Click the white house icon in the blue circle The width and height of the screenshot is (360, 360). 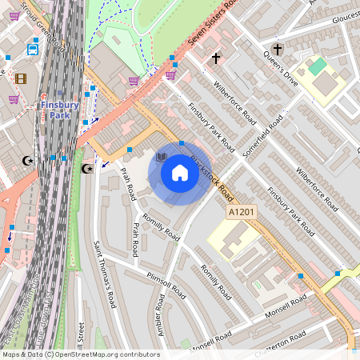point(180,172)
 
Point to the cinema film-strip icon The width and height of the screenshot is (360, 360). point(21,78)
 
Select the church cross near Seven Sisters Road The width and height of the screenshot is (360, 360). point(215,58)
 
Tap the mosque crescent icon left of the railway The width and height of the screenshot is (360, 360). point(28,160)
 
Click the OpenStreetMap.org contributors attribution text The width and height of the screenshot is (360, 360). point(108,354)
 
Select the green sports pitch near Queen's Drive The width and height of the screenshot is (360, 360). point(319,66)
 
